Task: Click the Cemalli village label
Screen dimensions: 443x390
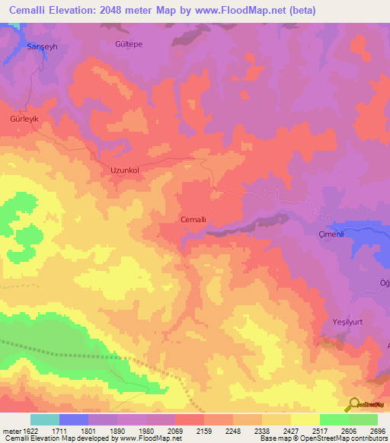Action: [x=193, y=219]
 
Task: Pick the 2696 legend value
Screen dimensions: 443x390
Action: [x=378, y=431]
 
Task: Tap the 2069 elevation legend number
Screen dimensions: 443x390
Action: [x=175, y=431]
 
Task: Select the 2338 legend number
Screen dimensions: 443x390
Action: [x=262, y=431]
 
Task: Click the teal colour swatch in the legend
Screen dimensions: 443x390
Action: [x=44, y=419]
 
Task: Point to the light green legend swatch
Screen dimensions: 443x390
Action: [x=363, y=419]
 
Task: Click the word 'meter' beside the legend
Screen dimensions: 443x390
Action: [x=9, y=431]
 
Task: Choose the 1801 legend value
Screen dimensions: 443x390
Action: [x=88, y=431]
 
